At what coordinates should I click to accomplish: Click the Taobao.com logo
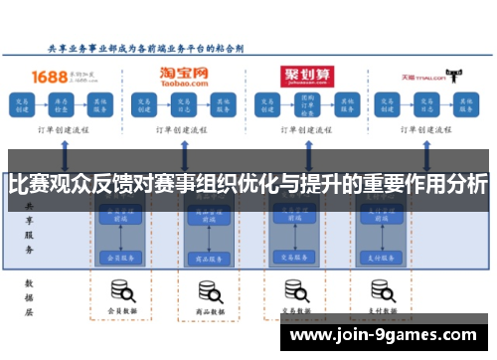(x=185, y=75)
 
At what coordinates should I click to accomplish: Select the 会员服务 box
(x=120, y=257)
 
